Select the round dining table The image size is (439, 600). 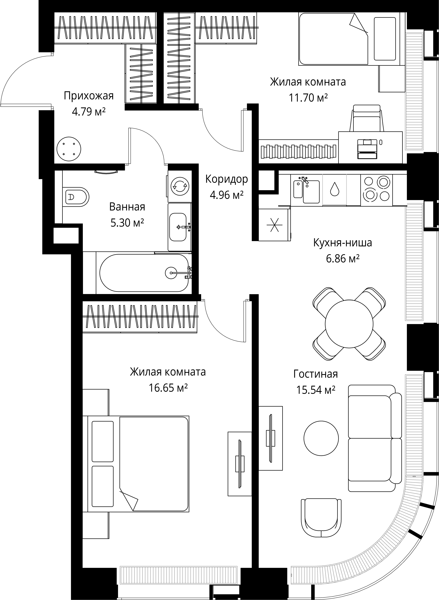pyautogui.click(x=349, y=324)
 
